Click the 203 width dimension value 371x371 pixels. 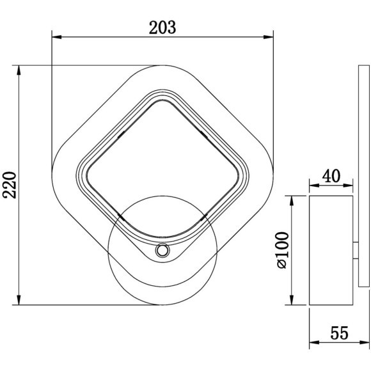coord(162,27)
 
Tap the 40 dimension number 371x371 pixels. coord(331,175)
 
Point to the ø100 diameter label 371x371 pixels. coord(284,249)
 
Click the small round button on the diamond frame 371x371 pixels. coord(162,251)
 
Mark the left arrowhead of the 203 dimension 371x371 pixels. coord(55,37)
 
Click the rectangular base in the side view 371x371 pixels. coord(331,249)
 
